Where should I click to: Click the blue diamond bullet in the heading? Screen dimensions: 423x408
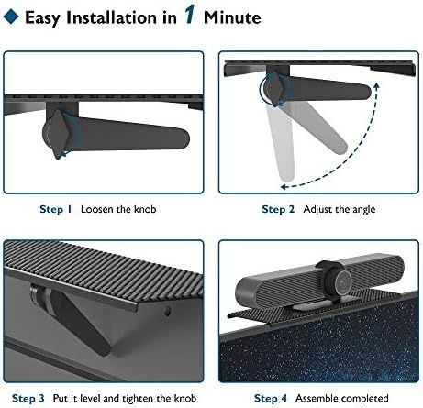11,17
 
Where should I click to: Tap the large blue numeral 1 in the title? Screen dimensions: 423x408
189,15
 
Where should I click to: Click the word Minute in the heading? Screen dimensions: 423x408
232,17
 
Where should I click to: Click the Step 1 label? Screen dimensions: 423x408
56,209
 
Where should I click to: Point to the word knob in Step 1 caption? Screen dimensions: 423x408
145,209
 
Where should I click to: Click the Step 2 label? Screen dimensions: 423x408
278,209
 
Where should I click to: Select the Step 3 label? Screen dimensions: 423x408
28,398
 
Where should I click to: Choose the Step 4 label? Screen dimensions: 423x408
271,398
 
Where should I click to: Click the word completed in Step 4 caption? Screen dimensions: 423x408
363,399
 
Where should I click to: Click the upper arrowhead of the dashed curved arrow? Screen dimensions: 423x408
376,85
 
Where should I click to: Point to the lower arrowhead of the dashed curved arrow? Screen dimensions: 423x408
284,187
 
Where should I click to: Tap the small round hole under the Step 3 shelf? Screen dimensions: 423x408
167,312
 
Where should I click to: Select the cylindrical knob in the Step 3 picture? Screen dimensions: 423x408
39,294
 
